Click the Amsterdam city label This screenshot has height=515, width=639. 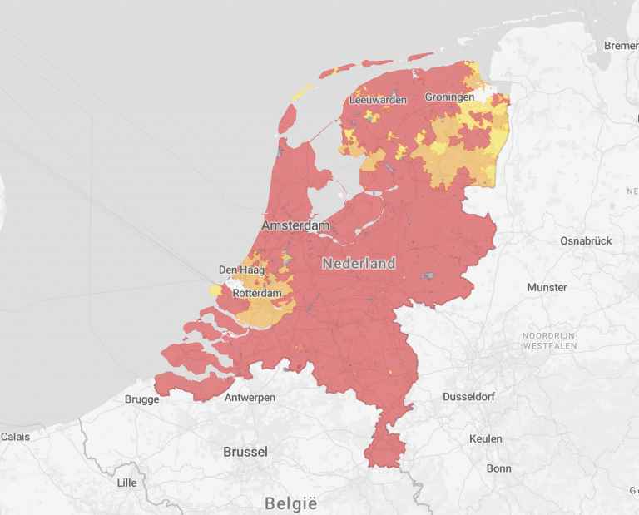[x=295, y=225]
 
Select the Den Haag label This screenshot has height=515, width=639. [x=242, y=270]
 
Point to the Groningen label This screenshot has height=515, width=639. [x=449, y=97]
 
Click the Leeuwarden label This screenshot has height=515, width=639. [x=379, y=100]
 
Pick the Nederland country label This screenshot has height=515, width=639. [x=359, y=264]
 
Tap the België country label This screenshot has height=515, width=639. [x=291, y=503]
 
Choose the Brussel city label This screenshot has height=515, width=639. [x=245, y=452]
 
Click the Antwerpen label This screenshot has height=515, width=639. [x=250, y=398]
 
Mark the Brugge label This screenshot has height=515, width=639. [x=141, y=399]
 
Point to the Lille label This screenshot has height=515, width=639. [x=126, y=483]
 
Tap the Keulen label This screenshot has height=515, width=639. [x=485, y=438]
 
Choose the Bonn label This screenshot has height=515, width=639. [x=498, y=468]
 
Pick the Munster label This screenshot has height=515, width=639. [x=547, y=287]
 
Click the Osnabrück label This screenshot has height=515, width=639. [x=586, y=240]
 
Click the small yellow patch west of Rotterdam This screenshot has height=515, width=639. [x=215, y=290]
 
